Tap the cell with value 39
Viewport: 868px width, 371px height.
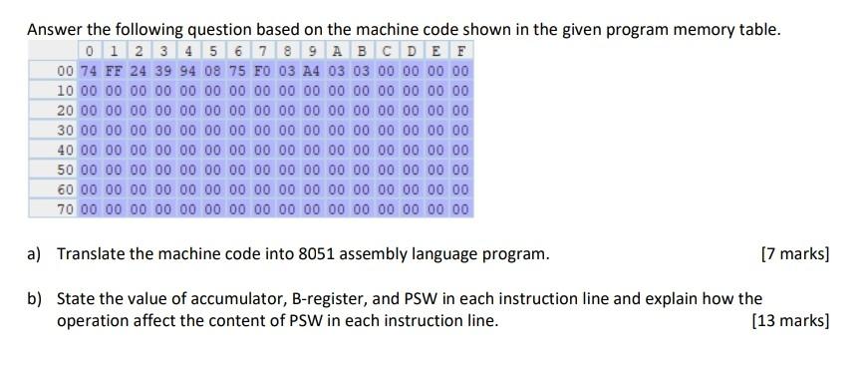(161, 71)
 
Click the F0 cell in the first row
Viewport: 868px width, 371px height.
(260, 71)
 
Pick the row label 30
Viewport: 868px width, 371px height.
(66, 129)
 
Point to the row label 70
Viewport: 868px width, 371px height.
(66, 208)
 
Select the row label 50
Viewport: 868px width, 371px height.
(66, 169)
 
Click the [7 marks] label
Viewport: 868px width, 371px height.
(793, 253)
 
